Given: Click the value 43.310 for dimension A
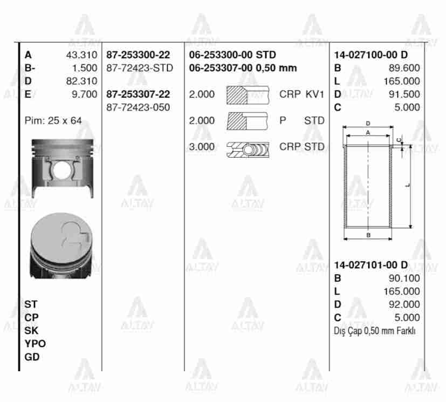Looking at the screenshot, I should [x=81, y=55].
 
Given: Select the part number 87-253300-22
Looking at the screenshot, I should [x=138, y=55].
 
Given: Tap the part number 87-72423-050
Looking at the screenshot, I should [x=138, y=107].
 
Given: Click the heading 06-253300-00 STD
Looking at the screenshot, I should [x=232, y=55].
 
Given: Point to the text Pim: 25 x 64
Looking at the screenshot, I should [x=53, y=120].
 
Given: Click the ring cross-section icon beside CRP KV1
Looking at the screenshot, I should [x=246, y=94].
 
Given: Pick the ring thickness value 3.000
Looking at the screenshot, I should [x=202, y=147].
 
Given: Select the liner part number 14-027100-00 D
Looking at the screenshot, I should [x=370, y=55].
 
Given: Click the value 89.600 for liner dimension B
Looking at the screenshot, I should [x=404, y=68].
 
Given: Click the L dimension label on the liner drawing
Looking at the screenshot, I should [x=408, y=185].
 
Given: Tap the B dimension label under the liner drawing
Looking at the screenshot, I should [x=368, y=235].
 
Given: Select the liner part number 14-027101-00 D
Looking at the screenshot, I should [x=370, y=265].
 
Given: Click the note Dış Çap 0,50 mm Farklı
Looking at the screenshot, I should [x=375, y=331].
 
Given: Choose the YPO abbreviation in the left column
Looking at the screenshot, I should [x=35, y=344].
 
